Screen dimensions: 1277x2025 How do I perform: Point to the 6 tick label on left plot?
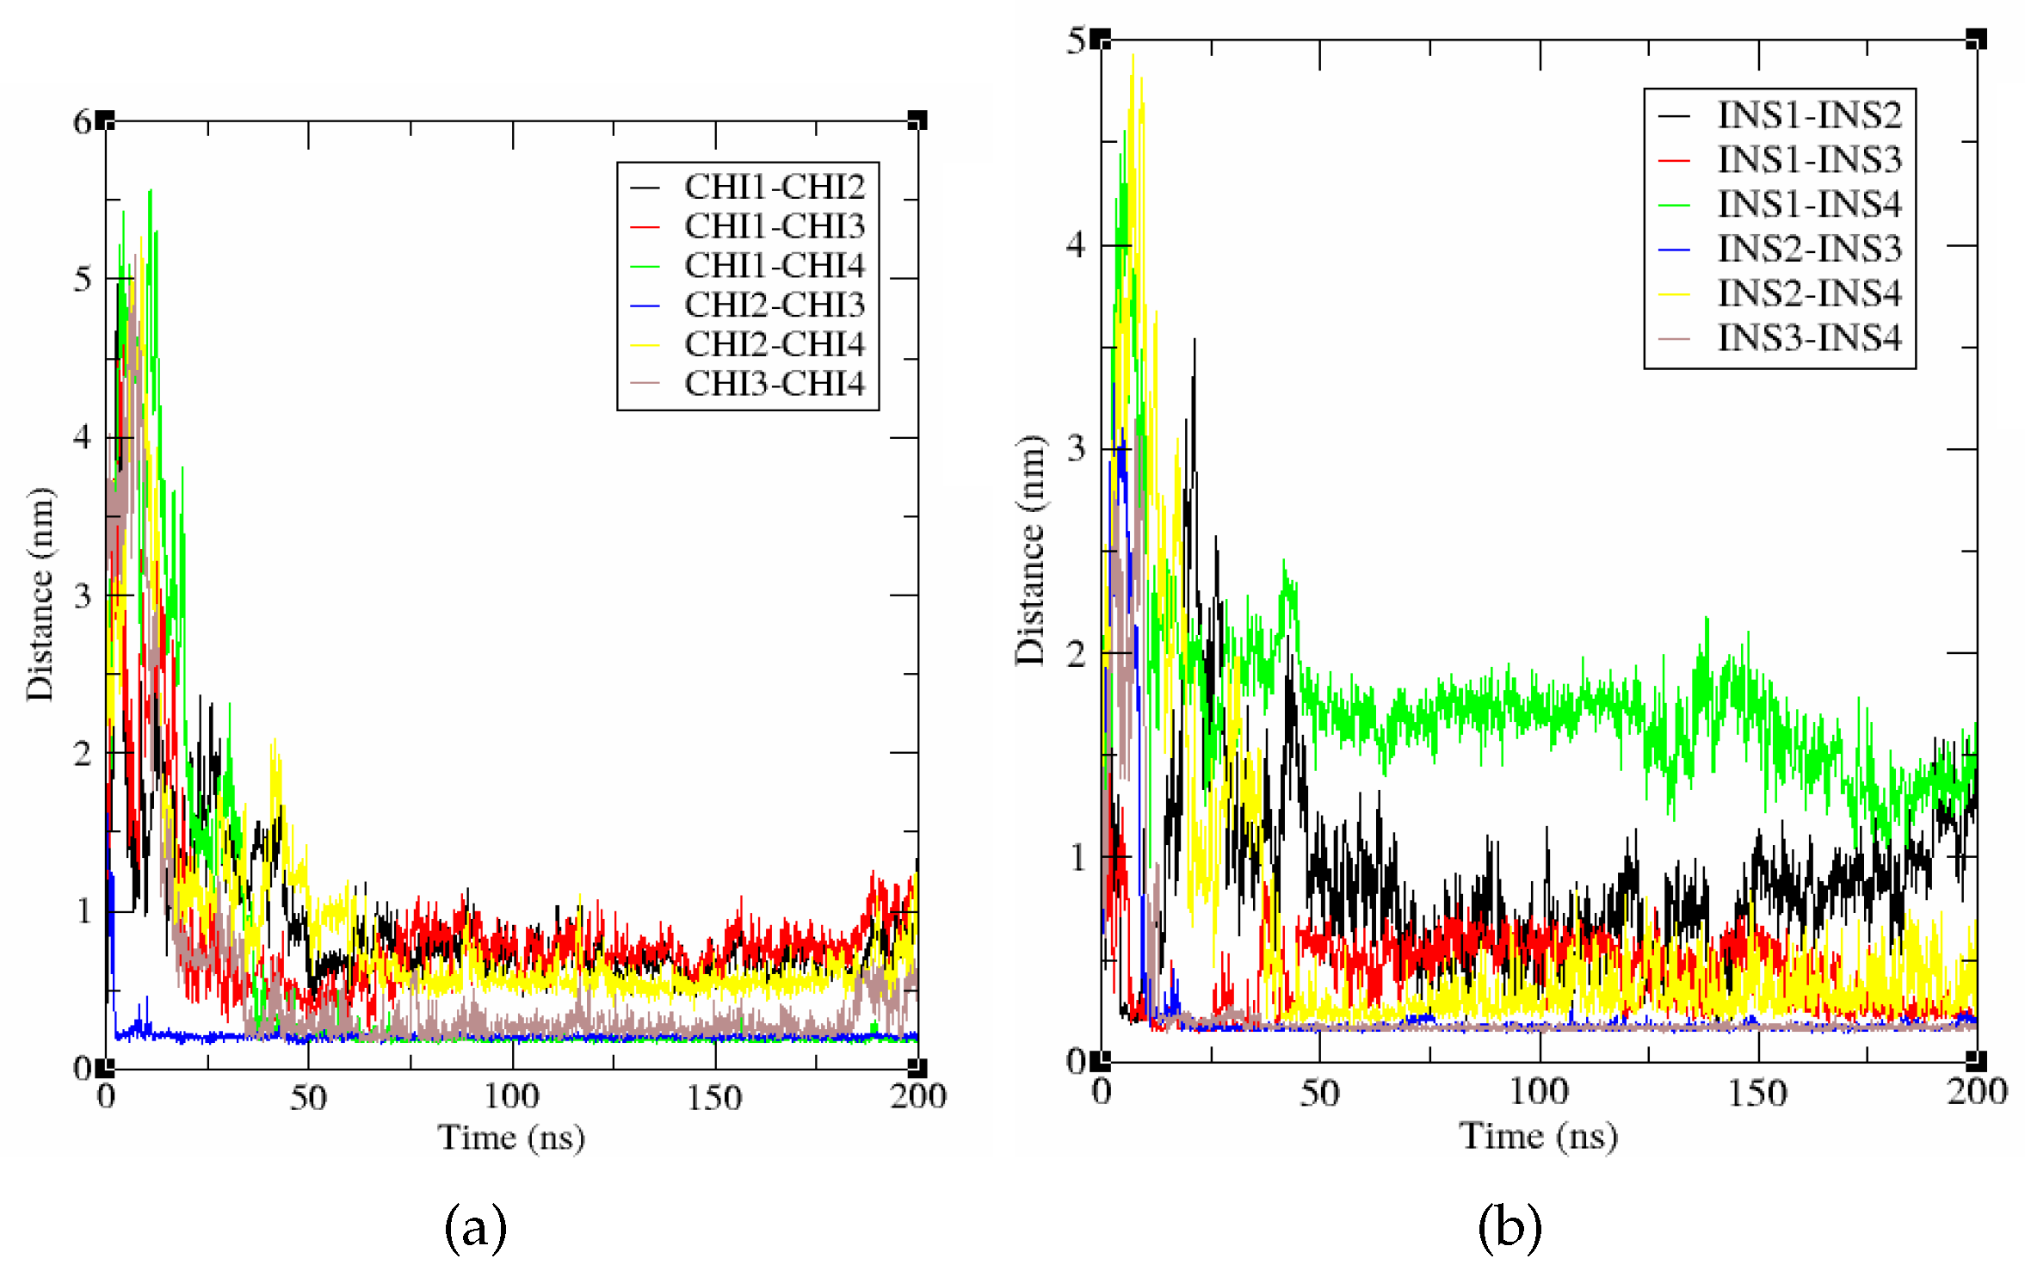(82, 122)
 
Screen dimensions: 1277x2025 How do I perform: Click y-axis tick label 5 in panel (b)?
(1076, 40)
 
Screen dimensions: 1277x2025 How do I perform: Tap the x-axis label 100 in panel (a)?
(511, 1096)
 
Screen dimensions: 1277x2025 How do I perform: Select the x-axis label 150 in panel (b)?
(1757, 1093)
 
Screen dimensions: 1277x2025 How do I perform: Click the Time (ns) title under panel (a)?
(511, 1138)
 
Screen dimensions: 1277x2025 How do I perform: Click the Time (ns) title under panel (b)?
(1538, 1136)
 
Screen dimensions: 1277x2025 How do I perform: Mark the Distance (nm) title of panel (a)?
(40, 594)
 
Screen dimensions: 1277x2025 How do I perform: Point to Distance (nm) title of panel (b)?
(1029, 551)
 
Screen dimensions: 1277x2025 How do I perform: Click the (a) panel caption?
(475, 1228)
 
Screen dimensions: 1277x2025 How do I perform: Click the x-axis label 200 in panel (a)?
(917, 1096)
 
